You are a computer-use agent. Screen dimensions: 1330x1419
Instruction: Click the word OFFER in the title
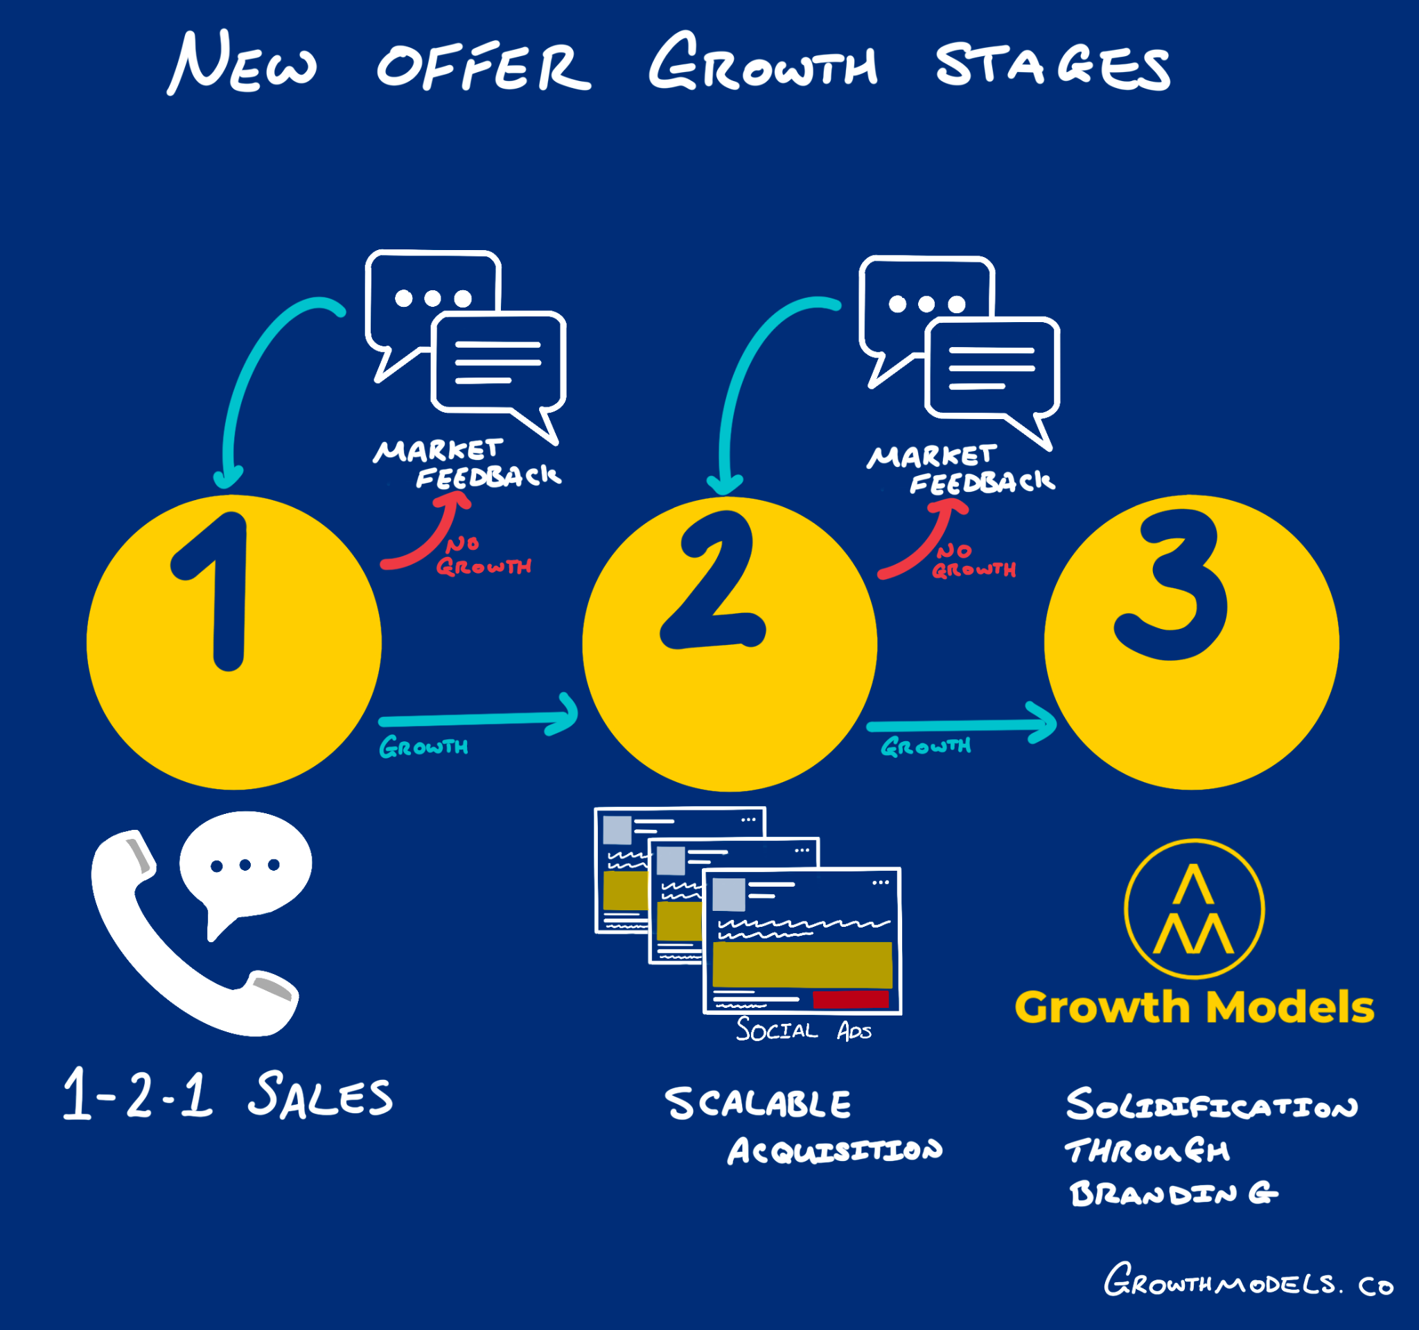pos(483,68)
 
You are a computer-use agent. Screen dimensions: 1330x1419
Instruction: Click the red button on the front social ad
pos(850,999)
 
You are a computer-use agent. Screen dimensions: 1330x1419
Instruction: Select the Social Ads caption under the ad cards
pos(804,1030)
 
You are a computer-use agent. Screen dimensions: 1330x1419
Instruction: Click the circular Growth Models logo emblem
pos(1194,908)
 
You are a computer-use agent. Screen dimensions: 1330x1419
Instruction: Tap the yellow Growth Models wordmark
pos(1194,1007)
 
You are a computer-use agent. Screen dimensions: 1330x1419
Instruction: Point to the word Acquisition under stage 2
pos(834,1150)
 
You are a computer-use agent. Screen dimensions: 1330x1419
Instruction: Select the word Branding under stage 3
pos(1173,1193)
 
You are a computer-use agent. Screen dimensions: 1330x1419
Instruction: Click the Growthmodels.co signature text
pos(1248,1284)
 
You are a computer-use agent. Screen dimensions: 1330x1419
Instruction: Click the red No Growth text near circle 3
pos(973,561)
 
